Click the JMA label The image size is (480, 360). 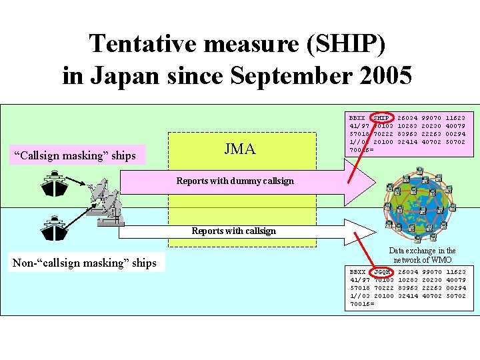[x=240, y=149]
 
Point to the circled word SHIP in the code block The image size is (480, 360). [x=381, y=117]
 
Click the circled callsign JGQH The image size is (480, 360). [x=381, y=272]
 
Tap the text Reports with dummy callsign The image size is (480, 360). [x=235, y=181]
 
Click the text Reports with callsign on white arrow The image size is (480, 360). [x=233, y=231]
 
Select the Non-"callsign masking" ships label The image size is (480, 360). [x=85, y=263]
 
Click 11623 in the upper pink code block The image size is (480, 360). [x=456, y=117]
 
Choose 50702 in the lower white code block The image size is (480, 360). [x=456, y=296]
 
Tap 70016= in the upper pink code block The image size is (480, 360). [x=362, y=150]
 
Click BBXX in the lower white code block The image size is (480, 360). [x=358, y=272]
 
